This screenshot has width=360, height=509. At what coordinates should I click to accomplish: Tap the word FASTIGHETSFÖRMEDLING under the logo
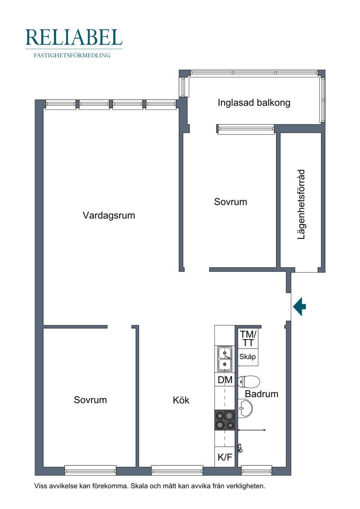[x=72, y=55]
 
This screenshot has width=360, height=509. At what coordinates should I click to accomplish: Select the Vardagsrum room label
[x=109, y=215]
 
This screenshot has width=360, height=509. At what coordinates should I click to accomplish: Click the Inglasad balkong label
[x=254, y=103]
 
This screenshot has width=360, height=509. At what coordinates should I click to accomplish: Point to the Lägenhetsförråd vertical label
[x=301, y=204]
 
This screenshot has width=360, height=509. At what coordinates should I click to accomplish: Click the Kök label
[x=181, y=400]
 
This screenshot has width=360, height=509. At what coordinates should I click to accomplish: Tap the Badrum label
[x=261, y=394]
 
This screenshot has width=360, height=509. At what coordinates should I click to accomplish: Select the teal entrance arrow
[x=299, y=306]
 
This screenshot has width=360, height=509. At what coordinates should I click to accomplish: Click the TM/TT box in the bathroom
[x=248, y=338]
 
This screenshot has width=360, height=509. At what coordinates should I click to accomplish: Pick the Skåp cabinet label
[x=247, y=357]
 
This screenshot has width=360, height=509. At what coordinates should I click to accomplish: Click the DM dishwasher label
[x=225, y=380]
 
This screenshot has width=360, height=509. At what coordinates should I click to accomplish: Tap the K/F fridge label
[x=225, y=457]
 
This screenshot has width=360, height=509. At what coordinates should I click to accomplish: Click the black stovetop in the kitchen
[x=224, y=420]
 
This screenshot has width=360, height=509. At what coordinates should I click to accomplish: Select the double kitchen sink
[x=225, y=359]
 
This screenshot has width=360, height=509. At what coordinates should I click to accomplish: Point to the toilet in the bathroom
[x=249, y=382]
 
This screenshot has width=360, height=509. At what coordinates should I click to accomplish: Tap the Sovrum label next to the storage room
[x=230, y=202]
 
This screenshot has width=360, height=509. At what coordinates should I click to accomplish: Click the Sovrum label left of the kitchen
[x=90, y=400]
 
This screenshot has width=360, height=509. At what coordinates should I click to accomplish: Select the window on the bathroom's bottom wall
[x=256, y=470]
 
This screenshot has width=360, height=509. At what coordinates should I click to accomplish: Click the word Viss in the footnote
[x=40, y=486]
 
